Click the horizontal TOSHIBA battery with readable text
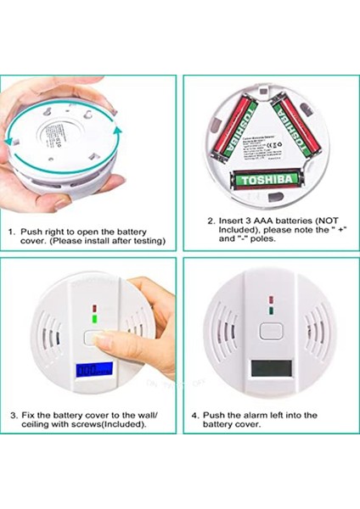(267, 180)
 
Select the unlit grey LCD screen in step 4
(267, 371)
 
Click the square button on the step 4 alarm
(271, 332)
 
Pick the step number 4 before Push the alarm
(195, 415)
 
